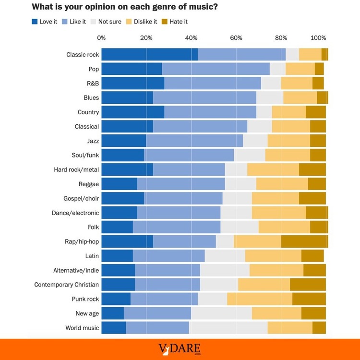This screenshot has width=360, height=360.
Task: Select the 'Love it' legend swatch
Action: tap(35, 22)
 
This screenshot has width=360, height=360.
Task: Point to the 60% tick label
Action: tap(236, 38)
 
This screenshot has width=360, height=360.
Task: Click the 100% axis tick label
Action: tap(318, 38)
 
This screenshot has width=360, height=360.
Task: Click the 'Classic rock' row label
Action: tap(83, 55)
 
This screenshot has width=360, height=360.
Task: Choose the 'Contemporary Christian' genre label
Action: tap(66, 285)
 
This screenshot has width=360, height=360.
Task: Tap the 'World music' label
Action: tap(82, 328)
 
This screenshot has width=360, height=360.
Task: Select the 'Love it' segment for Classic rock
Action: tap(149, 55)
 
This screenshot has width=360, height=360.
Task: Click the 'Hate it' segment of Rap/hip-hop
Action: tap(304, 241)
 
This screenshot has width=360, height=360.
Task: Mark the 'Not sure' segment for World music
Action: tap(228, 328)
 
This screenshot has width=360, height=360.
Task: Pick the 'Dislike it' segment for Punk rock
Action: tap(260, 299)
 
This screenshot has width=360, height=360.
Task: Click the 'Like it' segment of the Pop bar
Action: tap(216, 69)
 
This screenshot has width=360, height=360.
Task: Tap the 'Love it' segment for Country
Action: tap(132, 112)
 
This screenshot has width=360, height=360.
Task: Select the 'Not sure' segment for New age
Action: tap(221, 313)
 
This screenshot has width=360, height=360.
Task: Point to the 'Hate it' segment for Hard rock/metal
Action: tap(312, 170)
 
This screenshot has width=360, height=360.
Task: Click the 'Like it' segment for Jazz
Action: tap(194, 141)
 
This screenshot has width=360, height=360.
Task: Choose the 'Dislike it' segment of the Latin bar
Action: tap(273, 256)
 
